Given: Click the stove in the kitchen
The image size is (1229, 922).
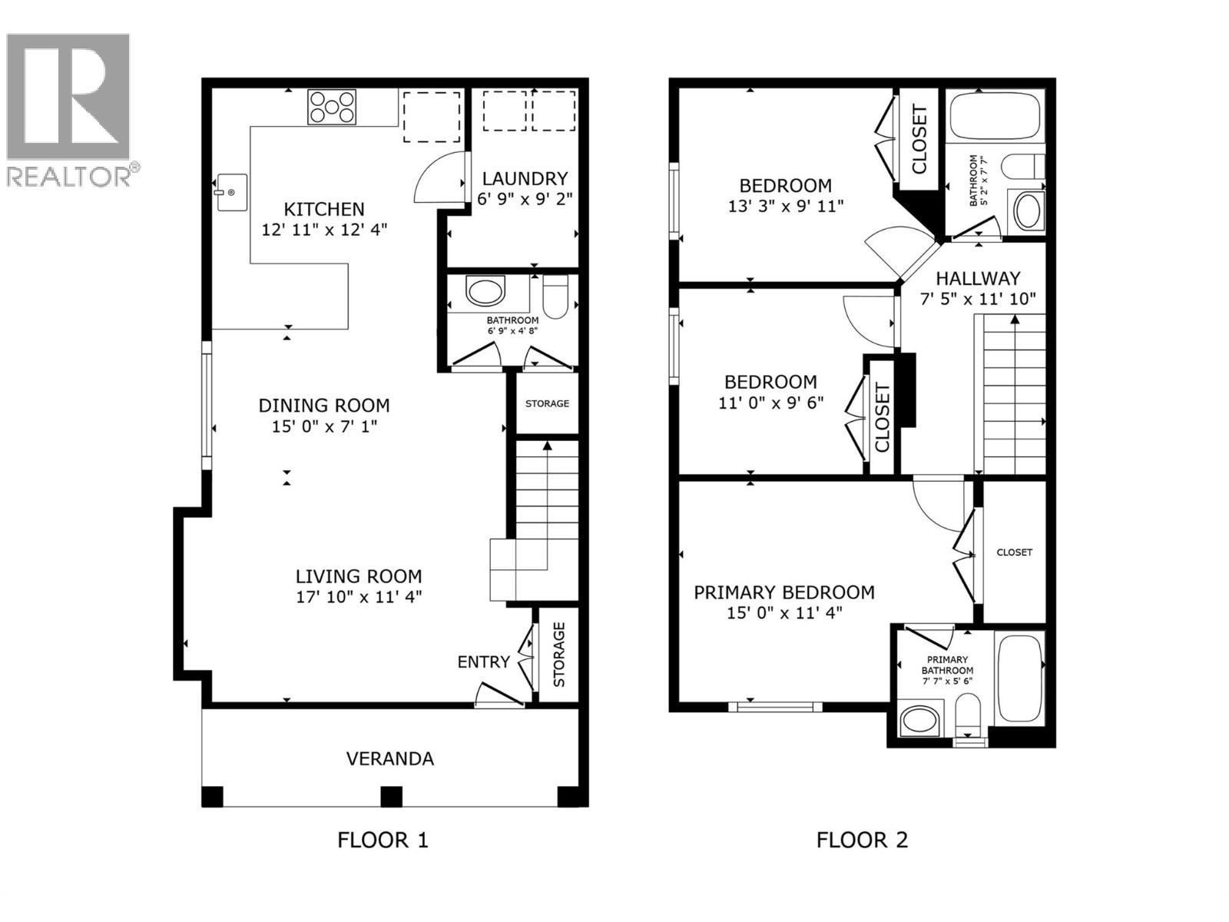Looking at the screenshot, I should (x=332, y=107).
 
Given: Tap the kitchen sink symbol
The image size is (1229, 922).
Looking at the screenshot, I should (x=230, y=192).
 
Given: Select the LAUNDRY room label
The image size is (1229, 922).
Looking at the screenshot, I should (x=525, y=179).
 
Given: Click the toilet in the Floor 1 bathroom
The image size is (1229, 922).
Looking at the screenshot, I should (x=555, y=297).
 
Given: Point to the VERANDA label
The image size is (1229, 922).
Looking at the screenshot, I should (x=390, y=759).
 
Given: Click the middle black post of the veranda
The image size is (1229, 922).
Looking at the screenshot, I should (x=391, y=797).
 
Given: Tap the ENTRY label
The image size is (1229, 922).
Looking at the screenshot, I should (x=483, y=662).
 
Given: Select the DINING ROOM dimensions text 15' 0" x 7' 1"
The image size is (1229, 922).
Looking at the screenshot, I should (x=324, y=426).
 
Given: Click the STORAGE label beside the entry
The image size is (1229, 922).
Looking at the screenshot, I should (x=558, y=654).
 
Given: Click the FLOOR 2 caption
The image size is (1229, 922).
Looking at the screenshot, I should (x=862, y=840).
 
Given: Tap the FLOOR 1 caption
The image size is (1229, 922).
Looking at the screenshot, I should (x=383, y=840).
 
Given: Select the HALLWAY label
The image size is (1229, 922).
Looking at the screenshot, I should (x=978, y=278).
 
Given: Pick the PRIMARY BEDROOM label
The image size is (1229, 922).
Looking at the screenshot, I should (x=783, y=592).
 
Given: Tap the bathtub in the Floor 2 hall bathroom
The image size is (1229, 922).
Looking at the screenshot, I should (x=995, y=115).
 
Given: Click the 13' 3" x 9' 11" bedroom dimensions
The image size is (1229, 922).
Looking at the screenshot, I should (x=785, y=206).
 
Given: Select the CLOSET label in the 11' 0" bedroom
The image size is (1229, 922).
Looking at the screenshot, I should (x=882, y=417).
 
